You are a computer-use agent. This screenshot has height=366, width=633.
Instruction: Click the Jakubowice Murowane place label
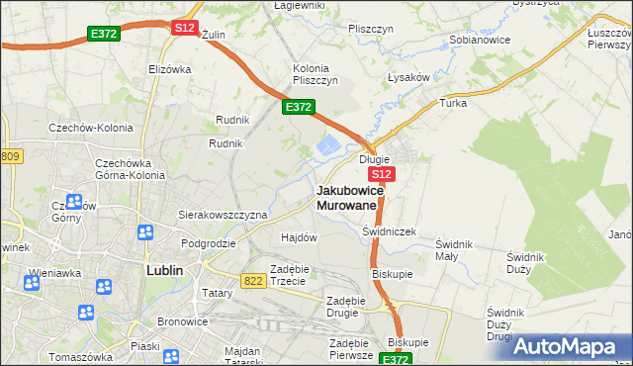(346, 197)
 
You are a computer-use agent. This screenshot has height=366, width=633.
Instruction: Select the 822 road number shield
(253, 281)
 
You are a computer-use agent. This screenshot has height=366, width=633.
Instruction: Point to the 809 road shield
(10, 156)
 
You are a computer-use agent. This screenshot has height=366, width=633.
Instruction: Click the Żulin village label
(214, 34)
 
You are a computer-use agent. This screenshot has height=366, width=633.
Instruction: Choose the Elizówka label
(168, 69)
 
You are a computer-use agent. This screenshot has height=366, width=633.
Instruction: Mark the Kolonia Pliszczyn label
(316, 74)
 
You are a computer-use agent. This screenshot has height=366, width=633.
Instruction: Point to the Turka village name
(453, 102)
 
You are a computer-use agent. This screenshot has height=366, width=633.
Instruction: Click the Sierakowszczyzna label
(223, 214)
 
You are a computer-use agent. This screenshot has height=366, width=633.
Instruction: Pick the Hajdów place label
(299, 237)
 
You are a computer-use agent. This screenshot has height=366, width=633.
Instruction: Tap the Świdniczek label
(390, 231)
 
